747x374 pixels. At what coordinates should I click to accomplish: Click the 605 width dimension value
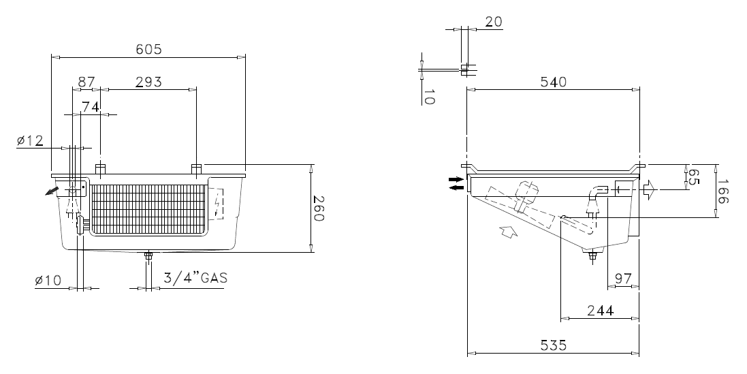(148, 49)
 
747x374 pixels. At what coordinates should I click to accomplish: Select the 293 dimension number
(148, 82)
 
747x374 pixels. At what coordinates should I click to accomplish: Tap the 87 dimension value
(86, 82)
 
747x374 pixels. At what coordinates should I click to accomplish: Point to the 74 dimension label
(91, 107)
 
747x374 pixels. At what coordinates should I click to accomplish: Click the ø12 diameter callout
(30, 140)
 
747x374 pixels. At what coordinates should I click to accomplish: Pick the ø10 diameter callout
(48, 281)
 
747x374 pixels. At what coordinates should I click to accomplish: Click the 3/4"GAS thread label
(195, 278)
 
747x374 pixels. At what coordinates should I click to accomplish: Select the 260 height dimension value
(318, 208)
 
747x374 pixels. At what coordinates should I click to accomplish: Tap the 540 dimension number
(553, 82)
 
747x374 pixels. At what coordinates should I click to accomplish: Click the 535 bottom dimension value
(553, 345)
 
